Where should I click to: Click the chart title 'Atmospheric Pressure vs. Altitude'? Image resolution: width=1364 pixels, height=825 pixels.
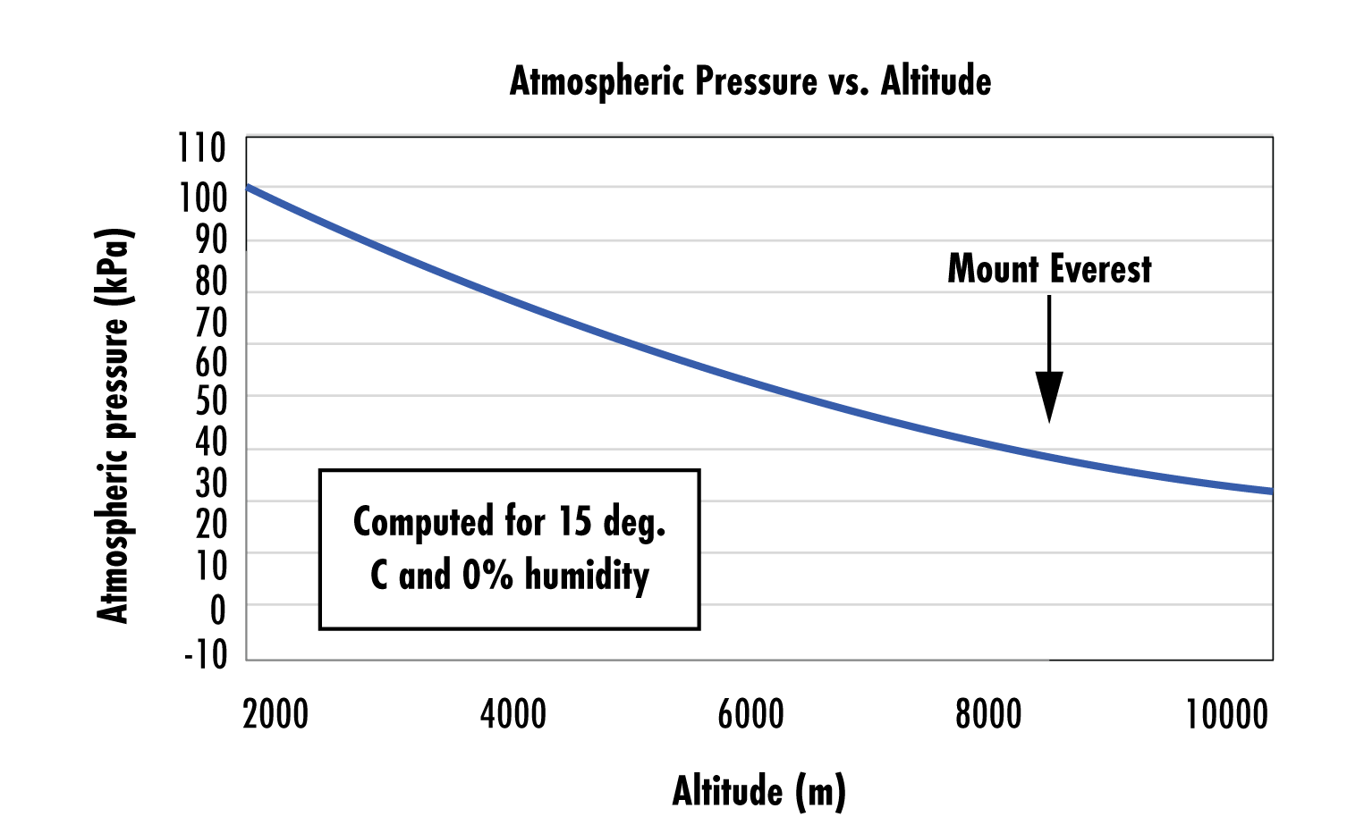pyautogui.click(x=750, y=81)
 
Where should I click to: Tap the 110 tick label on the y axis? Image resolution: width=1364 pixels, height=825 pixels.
pyautogui.click(x=201, y=148)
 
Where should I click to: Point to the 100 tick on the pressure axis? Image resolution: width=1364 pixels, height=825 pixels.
pyautogui.click(x=202, y=198)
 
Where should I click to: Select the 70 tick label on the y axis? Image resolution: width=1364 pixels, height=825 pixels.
pyautogui.click(x=211, y=323)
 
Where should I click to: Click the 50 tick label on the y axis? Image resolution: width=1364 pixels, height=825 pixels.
pyautogui.click(x=211, y=401)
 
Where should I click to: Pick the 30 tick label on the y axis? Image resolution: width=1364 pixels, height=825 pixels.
pyautogui.click(x=211, y=484)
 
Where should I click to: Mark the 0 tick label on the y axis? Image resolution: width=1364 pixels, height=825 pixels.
pyautogui.click(x=217, y=611)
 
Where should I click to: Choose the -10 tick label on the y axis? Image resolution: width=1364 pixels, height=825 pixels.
pyautogui.click(x=206, y=654)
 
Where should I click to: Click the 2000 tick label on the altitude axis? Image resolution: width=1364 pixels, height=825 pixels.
pyautogui.click(x=275, y=715)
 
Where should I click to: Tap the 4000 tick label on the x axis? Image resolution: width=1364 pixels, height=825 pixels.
pyautogui.click(x=513, y=715)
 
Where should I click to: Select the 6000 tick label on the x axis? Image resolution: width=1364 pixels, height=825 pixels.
pyautogui.click(x=750, y=715)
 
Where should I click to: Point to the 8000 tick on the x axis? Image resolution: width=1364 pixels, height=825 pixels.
pyautogui.click(x=988, y=715)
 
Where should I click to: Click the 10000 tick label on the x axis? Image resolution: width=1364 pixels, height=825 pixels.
pyautogui.click(x=1226, y=715)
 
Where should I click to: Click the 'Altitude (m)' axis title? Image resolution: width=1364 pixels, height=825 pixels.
pyautogui.click(x=758, y=791)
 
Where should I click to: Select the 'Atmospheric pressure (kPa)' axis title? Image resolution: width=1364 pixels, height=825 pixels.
pyautogui.click(x=114, y=425)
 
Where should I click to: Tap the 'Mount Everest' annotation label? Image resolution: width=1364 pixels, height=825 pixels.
pyautogui.click(x=1049, y=269)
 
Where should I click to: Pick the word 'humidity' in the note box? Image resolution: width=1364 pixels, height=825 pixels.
pyautogui.click(x=587, y=575)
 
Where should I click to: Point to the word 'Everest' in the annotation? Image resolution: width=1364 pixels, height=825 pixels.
pyautogui.click(x=1101, y=269)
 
